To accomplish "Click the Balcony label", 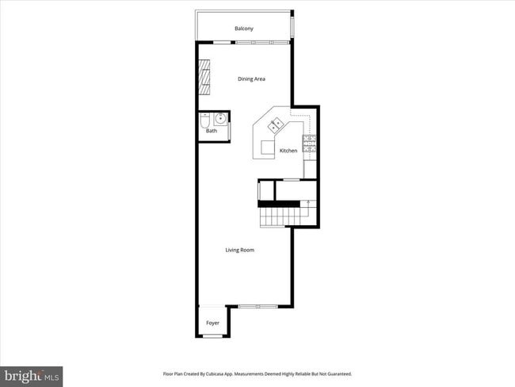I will click(x=244, y=29).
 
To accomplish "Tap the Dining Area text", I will click(x=252, y=79).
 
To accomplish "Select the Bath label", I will click(x=212, y=131).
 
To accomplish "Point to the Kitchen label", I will click(x=288, y=151).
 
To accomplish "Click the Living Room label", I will click(x=239, y=251).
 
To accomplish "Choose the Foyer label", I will click(x=212, y=324).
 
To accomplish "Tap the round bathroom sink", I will click(x=219, y=120).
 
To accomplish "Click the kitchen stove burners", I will click(x=311, y=144).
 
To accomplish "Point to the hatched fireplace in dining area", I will click(x=204, y=79).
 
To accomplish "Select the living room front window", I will click(x=257, y=306).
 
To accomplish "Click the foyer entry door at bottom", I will click(x=212, y=336).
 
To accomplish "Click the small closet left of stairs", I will click(x=265, y=190).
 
